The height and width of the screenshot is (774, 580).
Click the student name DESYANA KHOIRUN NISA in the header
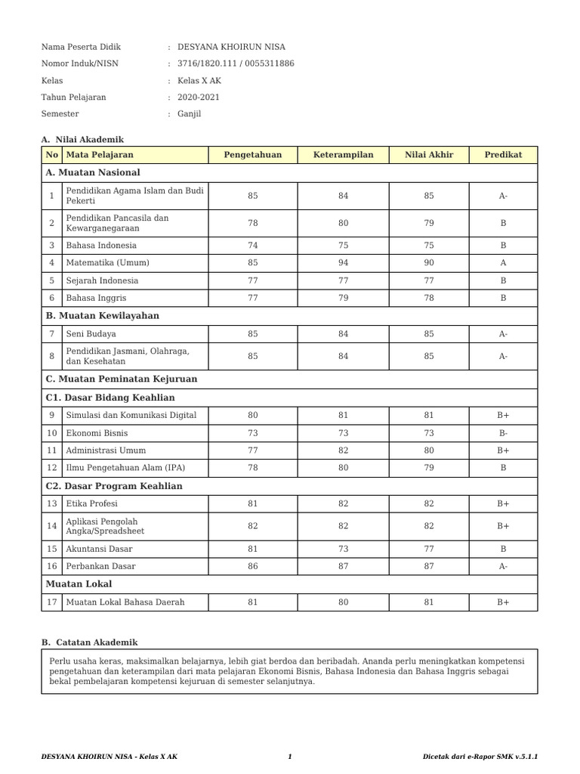(231, 47)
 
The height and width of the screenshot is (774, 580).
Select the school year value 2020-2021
(199, 98)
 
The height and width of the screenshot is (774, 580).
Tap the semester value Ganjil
(190, 114)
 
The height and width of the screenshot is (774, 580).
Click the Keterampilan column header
(343, 155)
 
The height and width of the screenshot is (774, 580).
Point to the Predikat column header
(503, 155)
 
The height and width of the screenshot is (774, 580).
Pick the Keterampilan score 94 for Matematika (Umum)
(343, 263)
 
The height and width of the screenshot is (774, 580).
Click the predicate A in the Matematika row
(503, 263)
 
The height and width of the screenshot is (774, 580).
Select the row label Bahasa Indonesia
(101, 246)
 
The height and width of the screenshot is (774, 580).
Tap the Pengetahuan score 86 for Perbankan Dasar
(252, 566)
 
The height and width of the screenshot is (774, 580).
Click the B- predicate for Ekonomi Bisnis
(503, 433)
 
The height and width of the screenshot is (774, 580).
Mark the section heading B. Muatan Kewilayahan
(103, 316)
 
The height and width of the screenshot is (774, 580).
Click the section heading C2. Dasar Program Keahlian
(114, 486)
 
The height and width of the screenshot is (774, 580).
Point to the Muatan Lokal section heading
(79, 584)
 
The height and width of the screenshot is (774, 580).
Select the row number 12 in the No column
(51, 468)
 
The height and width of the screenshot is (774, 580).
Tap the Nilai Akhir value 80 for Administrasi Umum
(429, 450)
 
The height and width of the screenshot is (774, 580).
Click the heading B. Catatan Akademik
(90, 642)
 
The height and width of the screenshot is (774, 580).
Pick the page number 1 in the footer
(290, 757)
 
